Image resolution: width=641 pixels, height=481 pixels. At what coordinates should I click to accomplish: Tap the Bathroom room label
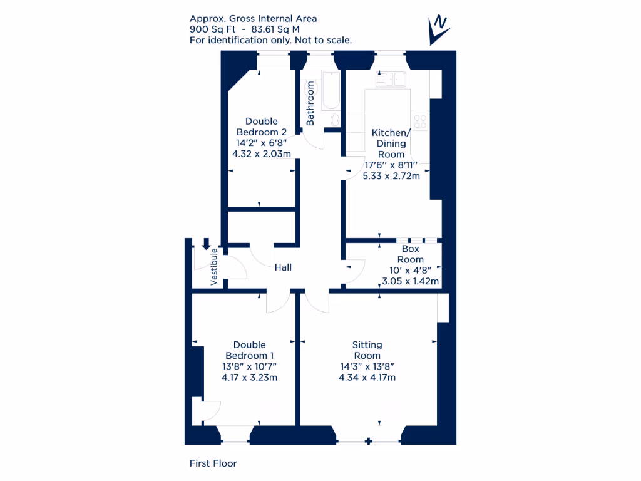[x=310, y=103]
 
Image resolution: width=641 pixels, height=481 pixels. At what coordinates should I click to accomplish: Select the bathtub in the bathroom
[x=330, y=91]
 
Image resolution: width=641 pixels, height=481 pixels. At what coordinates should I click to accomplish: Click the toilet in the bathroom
[x=334, y=120]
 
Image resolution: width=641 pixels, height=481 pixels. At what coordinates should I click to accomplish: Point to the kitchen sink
[x=392, y=79]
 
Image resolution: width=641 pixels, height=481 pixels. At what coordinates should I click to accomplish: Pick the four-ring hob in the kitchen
[x=420, y=121]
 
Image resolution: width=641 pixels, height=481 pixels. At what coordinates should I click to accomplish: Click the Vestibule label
[x=214, y=267]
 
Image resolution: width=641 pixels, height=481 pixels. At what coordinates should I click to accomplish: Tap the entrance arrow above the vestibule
[x=207, y=244]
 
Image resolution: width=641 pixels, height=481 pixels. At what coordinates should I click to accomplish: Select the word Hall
[x=283, y=267]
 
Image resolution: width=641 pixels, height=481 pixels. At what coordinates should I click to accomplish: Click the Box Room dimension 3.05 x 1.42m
[x=410, y=281]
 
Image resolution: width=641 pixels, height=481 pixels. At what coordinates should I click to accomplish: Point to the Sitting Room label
[x=367, y=350]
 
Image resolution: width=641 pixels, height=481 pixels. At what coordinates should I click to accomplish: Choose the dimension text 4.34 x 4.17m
[x=367, y=377]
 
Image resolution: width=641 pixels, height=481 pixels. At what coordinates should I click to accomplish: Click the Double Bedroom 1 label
[x=249, y=350]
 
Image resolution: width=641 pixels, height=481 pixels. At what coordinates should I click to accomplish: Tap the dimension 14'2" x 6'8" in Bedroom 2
[x=261, y=143]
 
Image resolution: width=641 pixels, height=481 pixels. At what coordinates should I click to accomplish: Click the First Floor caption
[x=213, y=463]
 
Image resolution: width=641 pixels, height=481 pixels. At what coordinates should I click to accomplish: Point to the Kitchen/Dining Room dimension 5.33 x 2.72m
[x=391, y=176]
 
